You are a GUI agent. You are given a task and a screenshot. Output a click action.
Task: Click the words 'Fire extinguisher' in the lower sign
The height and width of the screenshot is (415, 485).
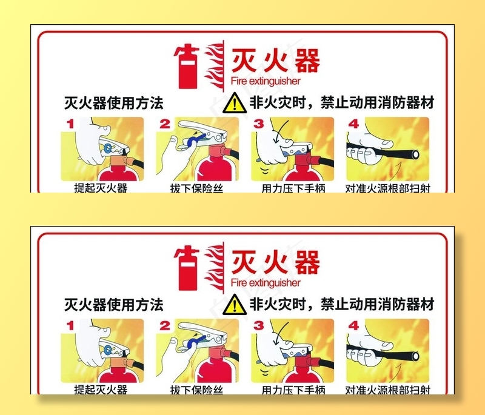tap(266, 283)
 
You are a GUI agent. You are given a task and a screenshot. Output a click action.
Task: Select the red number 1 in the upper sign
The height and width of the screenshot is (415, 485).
tap(70, 124)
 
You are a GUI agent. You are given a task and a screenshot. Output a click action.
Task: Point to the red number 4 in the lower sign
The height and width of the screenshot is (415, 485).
tap(353, 325)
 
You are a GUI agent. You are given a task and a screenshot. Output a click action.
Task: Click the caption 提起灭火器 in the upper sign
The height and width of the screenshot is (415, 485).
tap(101, 188)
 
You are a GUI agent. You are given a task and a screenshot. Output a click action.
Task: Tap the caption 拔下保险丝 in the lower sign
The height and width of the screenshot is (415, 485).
tap(196, 389)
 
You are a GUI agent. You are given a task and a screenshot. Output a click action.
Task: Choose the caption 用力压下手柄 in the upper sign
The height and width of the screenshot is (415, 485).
tap(293, 188)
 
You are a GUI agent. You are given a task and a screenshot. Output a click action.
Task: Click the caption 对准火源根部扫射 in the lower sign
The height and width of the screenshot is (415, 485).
tap(388, 389)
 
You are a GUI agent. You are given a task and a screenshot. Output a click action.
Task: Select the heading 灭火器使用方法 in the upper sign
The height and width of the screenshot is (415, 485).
tap(114, 102)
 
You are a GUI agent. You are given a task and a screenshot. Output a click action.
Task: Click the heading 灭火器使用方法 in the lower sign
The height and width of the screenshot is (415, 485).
tap(114, 304)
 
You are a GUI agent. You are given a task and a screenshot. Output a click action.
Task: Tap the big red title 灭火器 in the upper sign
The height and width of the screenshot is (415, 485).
tap(275, 61)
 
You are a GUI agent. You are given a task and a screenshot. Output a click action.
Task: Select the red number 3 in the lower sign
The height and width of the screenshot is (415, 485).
tap(259, 325)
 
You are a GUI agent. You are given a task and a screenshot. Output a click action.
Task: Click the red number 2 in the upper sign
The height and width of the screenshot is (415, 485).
tap(165, 124)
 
